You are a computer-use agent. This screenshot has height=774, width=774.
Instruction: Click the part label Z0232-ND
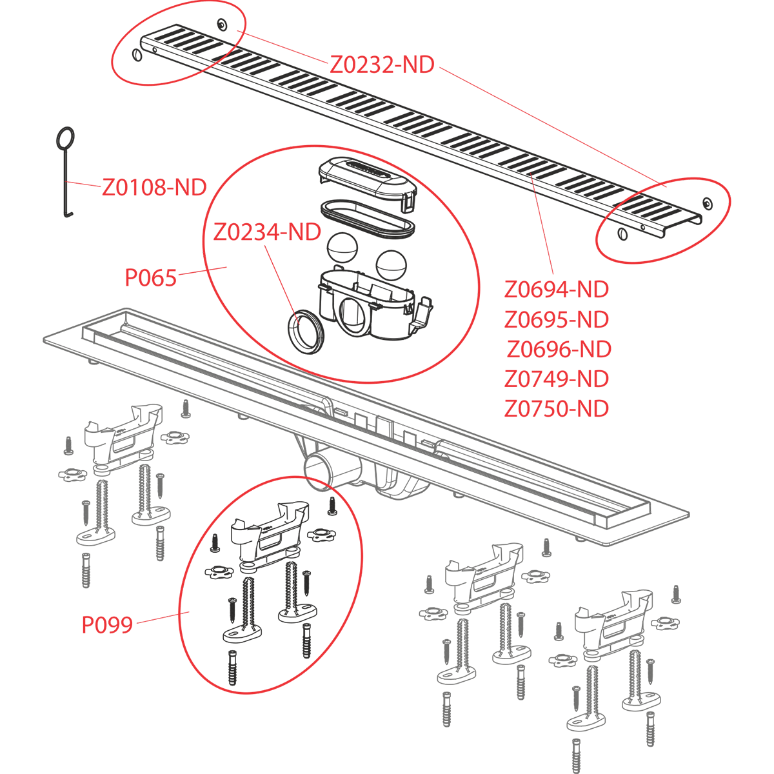[x=382, y=64]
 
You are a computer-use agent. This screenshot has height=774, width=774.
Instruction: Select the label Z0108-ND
[x=154, y=188]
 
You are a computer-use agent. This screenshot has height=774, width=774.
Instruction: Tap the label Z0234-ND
[x=267, y=232]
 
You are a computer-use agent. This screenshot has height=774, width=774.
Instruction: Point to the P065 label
[x=150, y=278]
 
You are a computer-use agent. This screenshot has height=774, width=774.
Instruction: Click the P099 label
[x=107, y=624]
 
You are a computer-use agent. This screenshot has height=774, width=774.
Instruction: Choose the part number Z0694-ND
[x=557, y=290]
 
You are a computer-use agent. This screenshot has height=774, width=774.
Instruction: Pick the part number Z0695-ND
[x=557, y=319]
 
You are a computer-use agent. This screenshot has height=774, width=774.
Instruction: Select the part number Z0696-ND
[x=559, y=349]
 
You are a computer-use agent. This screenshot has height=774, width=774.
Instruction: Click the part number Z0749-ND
[x=557, y=379]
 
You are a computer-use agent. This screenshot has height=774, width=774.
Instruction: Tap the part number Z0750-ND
[x=557, y=408]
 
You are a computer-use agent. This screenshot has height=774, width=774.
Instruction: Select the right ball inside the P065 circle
[x=390, y=263]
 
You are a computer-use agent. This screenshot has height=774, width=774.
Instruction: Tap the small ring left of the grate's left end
[x=137, y=55]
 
